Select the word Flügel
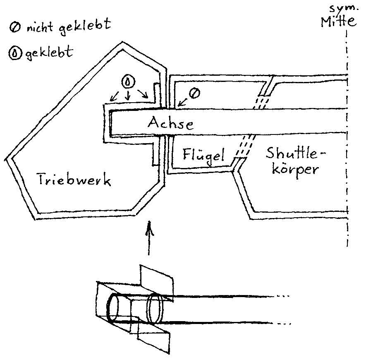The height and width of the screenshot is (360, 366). [203, 156]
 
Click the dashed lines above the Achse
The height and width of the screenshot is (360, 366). [261, 102]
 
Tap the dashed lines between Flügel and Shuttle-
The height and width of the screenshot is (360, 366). [242, 147]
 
